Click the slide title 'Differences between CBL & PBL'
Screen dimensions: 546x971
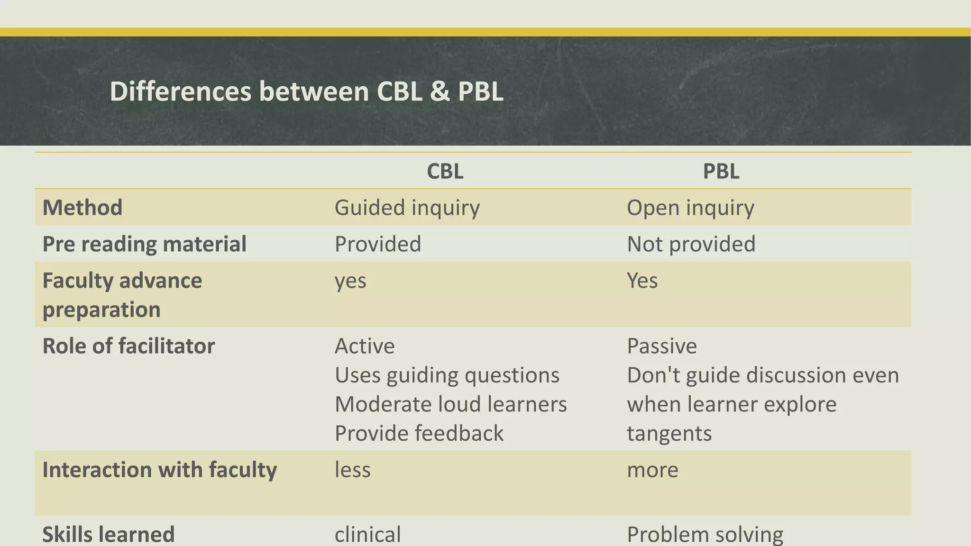306,91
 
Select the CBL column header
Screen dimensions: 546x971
445,171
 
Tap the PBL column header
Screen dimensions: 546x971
721,171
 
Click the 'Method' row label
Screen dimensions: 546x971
82,208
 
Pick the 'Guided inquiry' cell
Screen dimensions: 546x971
407,208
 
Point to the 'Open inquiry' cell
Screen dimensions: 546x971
690,208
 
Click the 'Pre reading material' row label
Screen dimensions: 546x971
144,244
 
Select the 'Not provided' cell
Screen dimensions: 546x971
691,244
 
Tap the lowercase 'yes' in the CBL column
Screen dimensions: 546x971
350,281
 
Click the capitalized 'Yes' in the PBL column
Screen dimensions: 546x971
642,281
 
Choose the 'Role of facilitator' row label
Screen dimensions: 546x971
128,346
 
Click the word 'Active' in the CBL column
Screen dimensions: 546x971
365,346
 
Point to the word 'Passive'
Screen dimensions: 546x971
662,346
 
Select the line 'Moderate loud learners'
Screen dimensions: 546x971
450,404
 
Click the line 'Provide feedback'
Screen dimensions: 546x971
419,433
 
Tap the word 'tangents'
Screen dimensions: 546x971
669,433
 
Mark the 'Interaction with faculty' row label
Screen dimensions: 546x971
159,470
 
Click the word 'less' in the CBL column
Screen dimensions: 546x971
353,470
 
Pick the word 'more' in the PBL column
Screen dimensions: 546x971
652,470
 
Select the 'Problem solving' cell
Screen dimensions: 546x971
705,534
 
